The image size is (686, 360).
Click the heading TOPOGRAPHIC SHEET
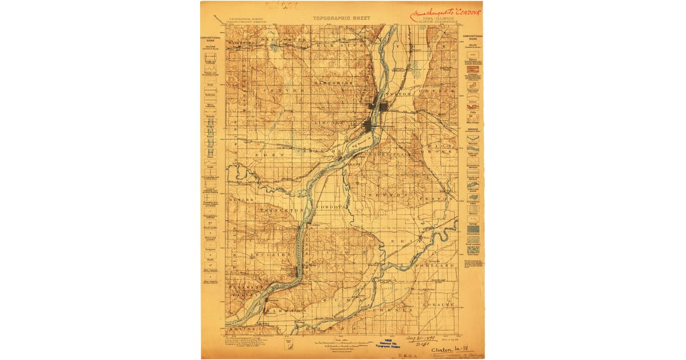click(341, 18)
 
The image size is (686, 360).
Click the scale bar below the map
click(341, 343)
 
